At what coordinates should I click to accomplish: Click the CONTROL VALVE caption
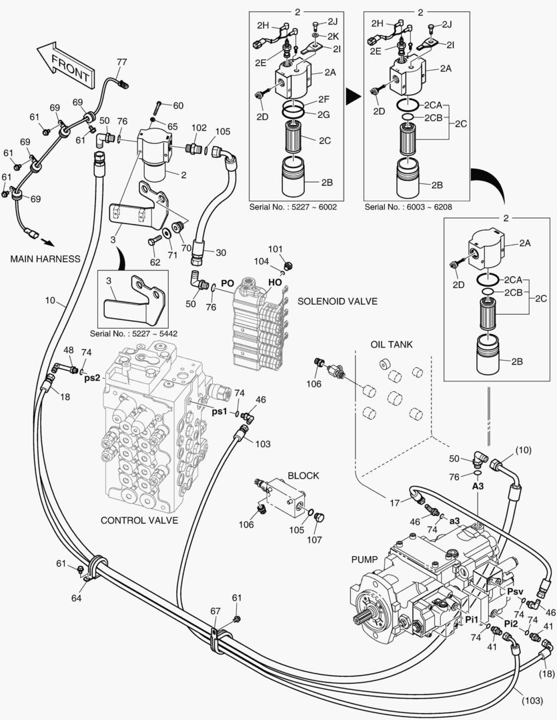[x=139, y=520]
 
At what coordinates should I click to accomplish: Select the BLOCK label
[x=303, y=475]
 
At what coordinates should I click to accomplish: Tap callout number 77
[x=121, y=62]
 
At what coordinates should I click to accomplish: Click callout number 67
[x=215, y=611]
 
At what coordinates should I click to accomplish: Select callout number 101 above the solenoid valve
[x=275, y=249]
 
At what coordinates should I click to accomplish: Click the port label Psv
[x=515, y=591]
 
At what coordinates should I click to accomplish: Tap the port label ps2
[x=91, y=377]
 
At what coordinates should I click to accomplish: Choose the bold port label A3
[x=478, y=487]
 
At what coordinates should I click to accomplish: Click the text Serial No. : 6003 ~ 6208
[x=408, y=207]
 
